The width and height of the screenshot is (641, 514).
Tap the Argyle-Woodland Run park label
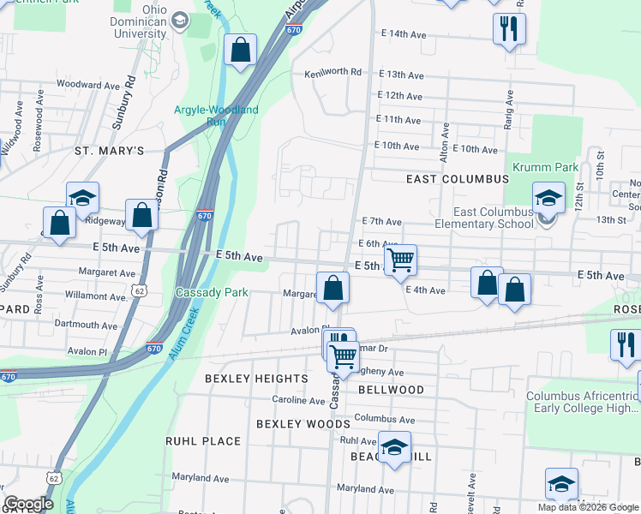pos(215,116)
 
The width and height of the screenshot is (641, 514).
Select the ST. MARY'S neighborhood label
pos(109,151)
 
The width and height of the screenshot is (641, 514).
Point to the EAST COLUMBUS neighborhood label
pos(457,179)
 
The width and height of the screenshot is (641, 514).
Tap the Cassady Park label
pos(212,292)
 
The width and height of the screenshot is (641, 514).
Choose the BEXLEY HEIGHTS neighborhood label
pos(256,378)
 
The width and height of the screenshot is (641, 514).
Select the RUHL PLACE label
pos(203,441)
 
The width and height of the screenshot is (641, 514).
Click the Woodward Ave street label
pos(87,86)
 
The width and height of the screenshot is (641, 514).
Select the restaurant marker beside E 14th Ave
pos(509,29)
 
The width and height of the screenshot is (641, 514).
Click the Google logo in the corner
pos(29,504)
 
